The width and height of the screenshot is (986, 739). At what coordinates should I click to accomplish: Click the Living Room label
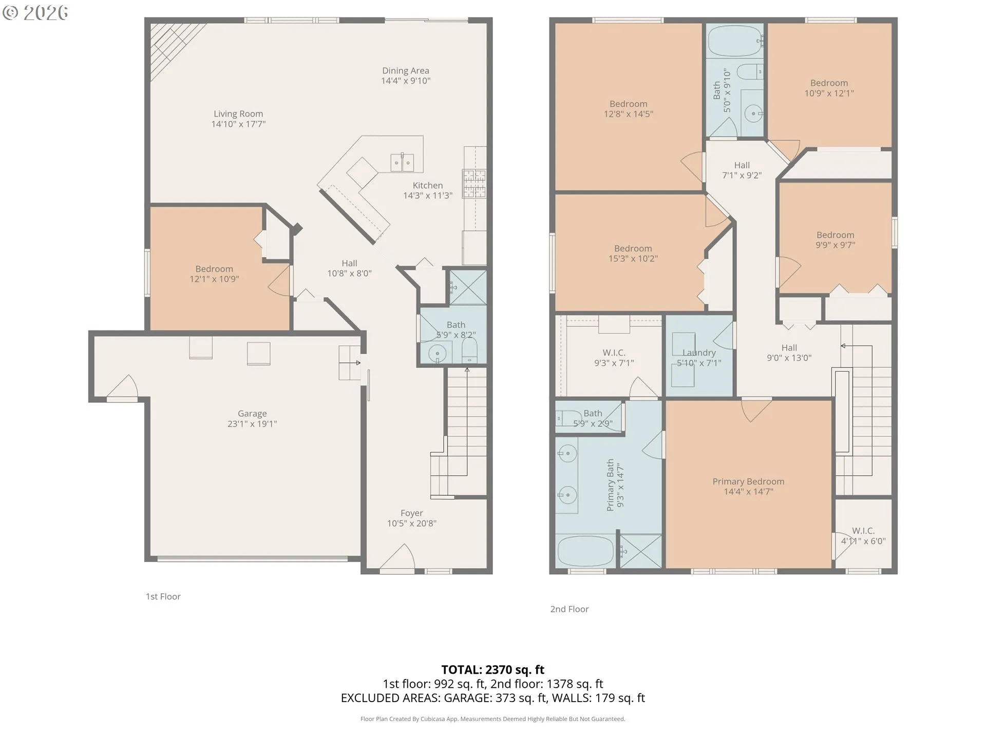(238, 114)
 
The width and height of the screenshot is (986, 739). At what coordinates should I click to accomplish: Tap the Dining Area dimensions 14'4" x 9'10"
(406, 81)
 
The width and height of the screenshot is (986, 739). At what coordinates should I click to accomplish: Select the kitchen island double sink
(402, 163)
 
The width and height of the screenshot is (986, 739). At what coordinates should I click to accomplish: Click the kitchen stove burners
(474, 184)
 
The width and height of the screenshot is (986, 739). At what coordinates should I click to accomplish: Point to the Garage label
(252, 414)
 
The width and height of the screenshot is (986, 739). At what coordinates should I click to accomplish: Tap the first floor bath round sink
(438, 353)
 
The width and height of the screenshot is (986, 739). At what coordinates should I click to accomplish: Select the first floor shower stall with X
(468, 287)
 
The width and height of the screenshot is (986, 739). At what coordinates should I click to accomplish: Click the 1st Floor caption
(163, 596)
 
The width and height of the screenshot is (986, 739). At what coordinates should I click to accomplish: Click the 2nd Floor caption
(570, 609)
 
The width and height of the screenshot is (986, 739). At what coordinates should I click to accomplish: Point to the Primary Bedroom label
(748, 481)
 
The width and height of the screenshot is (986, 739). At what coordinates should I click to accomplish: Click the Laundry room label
(699, 353)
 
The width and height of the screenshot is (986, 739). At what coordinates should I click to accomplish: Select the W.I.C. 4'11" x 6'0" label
(863, 536)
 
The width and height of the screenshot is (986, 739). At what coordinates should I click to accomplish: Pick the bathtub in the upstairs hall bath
(734, 40)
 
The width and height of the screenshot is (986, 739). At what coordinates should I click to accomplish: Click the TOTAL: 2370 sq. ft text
(492, 670)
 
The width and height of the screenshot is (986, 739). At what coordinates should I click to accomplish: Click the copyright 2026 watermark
(35, 12)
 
